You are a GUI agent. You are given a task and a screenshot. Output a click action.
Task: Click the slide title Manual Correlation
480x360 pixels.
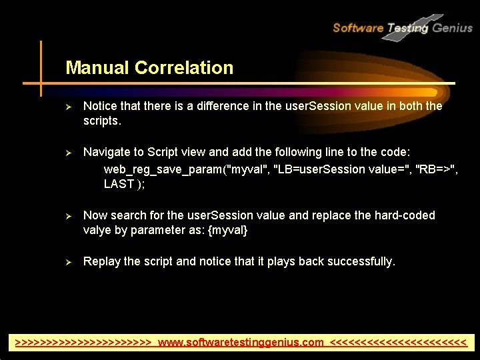[x=149, y=68]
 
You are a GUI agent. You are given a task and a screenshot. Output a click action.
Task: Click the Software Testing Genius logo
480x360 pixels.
[x=402, y=27]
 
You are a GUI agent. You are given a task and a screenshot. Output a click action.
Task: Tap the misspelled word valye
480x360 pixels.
[x=98, y=230]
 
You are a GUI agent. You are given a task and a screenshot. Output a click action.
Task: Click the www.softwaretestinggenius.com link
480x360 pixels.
[x=241, y=343]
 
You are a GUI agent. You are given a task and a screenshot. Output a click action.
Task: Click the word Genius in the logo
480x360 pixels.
[x=453, y=28]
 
